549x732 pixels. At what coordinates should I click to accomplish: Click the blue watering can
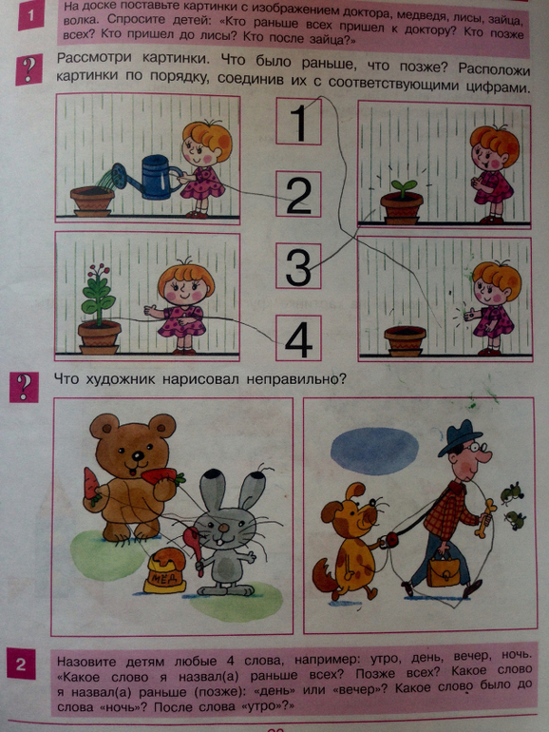pyautogui.click(x=150, y=177)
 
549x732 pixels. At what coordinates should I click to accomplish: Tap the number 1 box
pyautogui.click(x=298, y=122)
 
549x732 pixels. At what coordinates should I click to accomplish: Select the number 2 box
pyautogui.click(x=298, y=194)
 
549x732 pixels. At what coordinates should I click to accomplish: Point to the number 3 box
pyautogui.click(x=298, y=265)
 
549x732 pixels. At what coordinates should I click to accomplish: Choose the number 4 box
pyautogui.click(x=298, y=337)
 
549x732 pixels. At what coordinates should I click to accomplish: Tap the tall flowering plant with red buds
pyautogui.click(x=98, y=295)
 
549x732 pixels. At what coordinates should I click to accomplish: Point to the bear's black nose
pyautogui.click(x=138, y=455)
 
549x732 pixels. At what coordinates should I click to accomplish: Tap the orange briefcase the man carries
pyautogui.click(x=443, y=571)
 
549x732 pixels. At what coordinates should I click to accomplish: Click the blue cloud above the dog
pyautogui.click(x=374, y=451)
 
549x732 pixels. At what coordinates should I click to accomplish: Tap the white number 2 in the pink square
pyautogui.click(x=21, y=664)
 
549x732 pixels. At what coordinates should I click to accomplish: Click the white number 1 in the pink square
pyautogui.click(x=30, y=16)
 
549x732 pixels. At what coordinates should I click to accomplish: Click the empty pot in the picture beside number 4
pyautogui.click(x=405, y=340)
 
